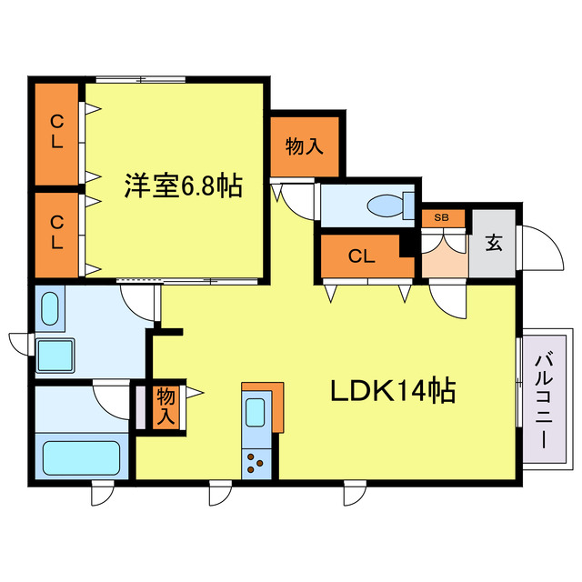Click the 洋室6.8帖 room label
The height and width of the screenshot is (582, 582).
183,187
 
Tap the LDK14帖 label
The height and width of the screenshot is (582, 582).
392,392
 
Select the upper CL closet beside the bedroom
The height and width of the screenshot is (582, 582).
56,133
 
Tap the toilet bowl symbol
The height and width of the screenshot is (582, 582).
387,205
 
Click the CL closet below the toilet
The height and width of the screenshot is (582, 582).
361,256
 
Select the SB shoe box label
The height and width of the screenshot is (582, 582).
442,217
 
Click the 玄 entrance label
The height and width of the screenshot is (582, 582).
494,243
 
